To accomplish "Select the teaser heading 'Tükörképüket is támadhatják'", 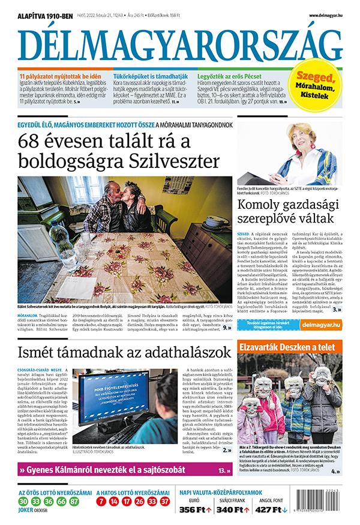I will pos(148,77).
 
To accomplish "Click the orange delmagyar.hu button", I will pos(321,325).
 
